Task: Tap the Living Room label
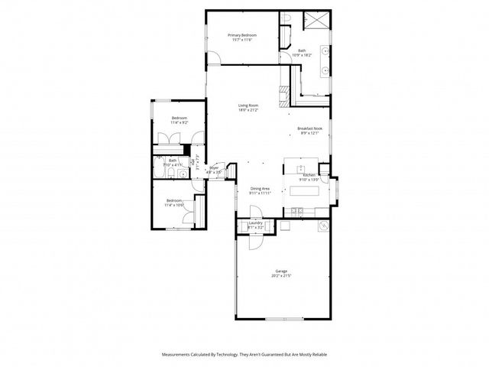click(x=248, y=106)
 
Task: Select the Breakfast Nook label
click(x=309, y=128)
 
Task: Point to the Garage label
click(x=281, y=271)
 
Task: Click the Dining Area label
click(x=260, y=188)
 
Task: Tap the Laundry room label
click(x=255, y=223)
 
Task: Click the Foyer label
click(x=214, y=168)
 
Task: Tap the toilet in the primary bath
click(x=283, y=21)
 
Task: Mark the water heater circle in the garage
click(x=322, y=226)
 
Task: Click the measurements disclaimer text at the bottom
click(x=244, y=355)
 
